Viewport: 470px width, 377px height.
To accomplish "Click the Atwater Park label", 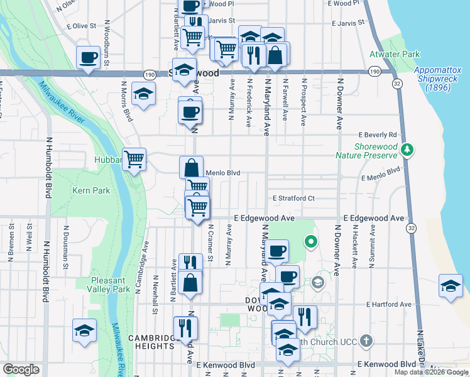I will point(394,55).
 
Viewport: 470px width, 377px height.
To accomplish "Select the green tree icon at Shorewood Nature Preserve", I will point(407,150).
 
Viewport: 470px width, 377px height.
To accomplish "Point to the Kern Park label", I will point(91,190).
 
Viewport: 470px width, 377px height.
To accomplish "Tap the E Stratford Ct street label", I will point(293,198).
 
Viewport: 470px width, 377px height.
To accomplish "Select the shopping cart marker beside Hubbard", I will point(134,160).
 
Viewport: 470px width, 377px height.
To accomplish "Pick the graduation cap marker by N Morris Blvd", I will point(144,95).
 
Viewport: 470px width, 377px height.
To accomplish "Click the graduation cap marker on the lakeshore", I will point(451,286).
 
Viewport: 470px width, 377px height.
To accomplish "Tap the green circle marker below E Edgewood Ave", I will point(310,241).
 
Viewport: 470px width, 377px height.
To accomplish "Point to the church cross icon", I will point(368,342).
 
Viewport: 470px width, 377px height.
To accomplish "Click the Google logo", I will point(21,369).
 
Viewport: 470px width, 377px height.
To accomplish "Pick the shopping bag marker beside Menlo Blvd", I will point(191,168).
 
